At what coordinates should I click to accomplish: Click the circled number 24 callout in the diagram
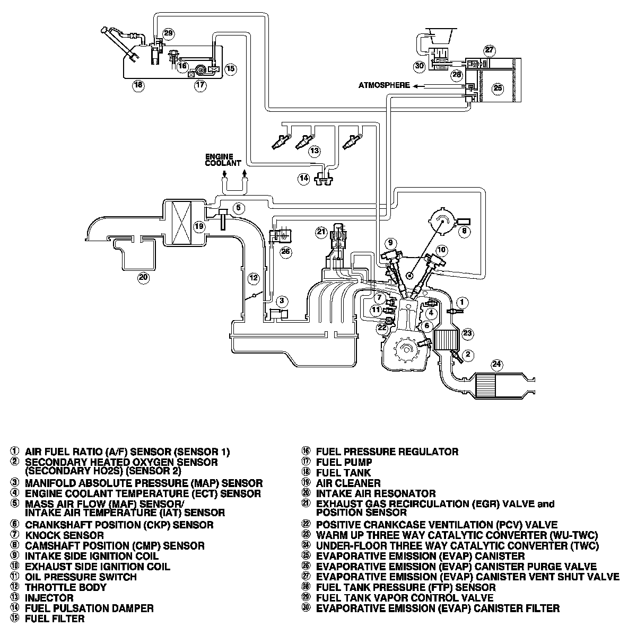coord(496,364)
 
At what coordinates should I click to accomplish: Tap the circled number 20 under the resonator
coord(144,277)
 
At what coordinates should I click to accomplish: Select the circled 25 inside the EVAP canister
coord(498,88)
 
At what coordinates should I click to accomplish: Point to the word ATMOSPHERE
coord(384,85)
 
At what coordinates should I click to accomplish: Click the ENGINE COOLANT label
coord(223,160)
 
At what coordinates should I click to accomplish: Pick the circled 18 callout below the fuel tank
coord(138,85)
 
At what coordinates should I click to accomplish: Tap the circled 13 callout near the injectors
coord(315,151)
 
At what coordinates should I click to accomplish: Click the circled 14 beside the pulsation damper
coord(303,179)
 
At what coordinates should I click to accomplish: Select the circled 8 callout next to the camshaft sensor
coord(464,231)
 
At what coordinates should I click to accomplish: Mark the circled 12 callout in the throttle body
coord(253,277)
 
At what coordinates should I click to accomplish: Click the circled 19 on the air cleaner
coord(199,226)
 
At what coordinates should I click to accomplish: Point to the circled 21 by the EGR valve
coord(320,231)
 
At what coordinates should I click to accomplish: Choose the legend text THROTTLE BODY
coord(66,587)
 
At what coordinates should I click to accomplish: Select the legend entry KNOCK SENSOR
coord(65,535)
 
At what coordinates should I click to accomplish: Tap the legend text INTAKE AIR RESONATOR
coord(376,493)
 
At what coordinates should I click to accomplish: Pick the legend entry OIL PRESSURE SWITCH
coord(81,577)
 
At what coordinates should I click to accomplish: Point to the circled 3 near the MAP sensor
coord(282,301)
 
